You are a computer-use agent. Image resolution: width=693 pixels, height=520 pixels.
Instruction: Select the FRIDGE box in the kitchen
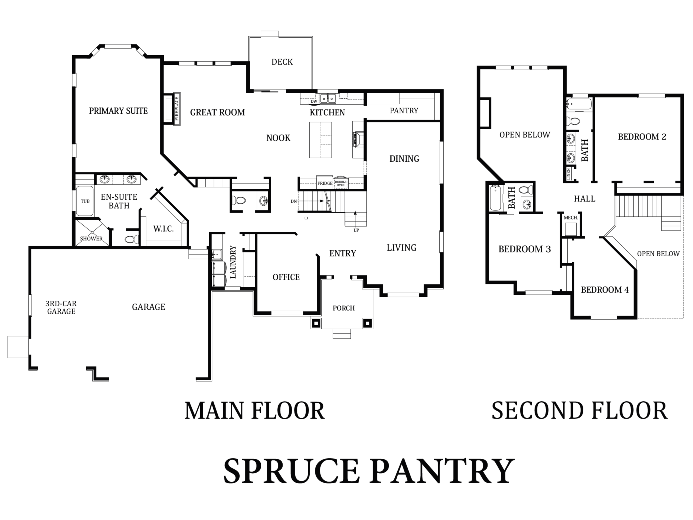(325, 183)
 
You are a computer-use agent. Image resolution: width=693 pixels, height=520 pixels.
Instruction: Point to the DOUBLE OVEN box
(341, 183)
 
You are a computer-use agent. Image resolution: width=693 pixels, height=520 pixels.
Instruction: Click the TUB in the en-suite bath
(85, 201)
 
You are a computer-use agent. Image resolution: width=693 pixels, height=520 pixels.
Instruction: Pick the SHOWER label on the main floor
(91, 239)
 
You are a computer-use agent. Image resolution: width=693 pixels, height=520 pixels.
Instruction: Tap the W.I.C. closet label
(164, 229)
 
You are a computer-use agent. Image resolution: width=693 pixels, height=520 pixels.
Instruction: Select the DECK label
(282, 62)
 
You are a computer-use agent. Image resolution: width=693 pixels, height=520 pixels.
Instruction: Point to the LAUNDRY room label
(233, 262)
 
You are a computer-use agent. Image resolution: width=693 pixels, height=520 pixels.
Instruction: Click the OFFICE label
(286, 277)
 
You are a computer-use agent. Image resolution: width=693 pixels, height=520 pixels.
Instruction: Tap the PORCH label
(344, 308)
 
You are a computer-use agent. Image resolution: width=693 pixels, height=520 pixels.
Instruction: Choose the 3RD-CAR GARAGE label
(61, 307)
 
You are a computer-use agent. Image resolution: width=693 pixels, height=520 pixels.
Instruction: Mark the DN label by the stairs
(293, 201)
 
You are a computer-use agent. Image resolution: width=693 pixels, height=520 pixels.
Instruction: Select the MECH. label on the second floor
(571, 217)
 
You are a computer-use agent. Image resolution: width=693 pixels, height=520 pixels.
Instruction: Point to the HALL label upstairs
(585, 199)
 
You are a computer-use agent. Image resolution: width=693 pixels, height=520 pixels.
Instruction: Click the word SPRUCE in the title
(291, 471)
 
